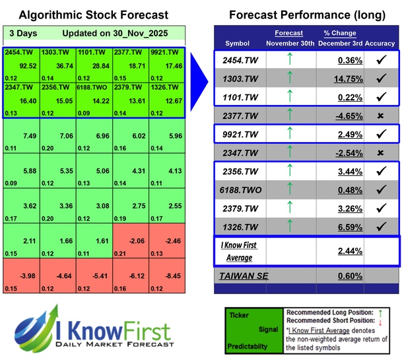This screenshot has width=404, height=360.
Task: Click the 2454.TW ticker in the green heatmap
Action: (x=18, y=52)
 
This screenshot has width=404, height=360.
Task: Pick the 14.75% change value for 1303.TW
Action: (x=341, y=78)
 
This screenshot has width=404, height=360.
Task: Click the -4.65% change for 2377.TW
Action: (x=341, y=116)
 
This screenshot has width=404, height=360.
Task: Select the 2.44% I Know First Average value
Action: (x=341, y=252)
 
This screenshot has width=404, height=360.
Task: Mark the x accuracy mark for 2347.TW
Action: (x=380, y=153)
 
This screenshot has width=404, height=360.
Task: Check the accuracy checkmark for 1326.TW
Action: (x=380, y=227)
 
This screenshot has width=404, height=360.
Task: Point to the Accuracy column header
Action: (x=381, y=43)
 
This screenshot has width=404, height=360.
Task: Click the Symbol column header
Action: (x=238, y=43)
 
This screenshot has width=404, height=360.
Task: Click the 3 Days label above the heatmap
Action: (x=22, y=33)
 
